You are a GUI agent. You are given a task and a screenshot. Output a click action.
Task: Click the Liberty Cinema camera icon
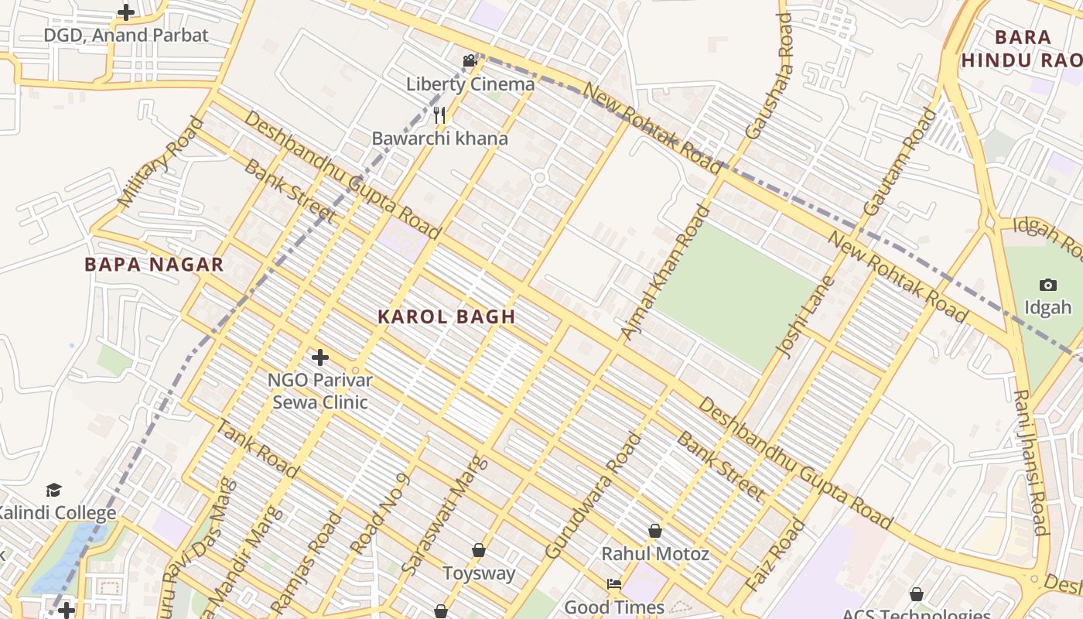click(470, 60)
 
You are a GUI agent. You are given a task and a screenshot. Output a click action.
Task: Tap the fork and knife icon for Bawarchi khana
click(439, 116)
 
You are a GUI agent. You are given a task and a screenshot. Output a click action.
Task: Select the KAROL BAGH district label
click(446, 316)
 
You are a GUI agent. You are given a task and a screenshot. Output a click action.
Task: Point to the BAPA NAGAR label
click(154, 265)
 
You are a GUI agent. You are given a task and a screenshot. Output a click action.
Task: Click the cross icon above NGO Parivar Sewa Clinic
click(319, 357)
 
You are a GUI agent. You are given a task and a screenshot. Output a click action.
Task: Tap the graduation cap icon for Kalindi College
click(53, 490)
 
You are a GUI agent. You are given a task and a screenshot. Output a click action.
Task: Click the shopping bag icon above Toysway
click(479, 550)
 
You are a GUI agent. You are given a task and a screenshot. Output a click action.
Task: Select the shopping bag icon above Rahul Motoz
click(655, 531)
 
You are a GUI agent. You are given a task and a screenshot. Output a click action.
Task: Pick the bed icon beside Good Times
click(614, 583)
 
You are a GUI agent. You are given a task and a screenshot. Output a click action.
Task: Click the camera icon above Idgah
click(1048, 285)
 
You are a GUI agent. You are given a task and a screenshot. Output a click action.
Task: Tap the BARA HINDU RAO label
click(1023, 49)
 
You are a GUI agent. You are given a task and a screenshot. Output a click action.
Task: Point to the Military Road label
click(162, 162)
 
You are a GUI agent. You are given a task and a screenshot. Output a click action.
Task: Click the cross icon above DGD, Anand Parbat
click(126, 12)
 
